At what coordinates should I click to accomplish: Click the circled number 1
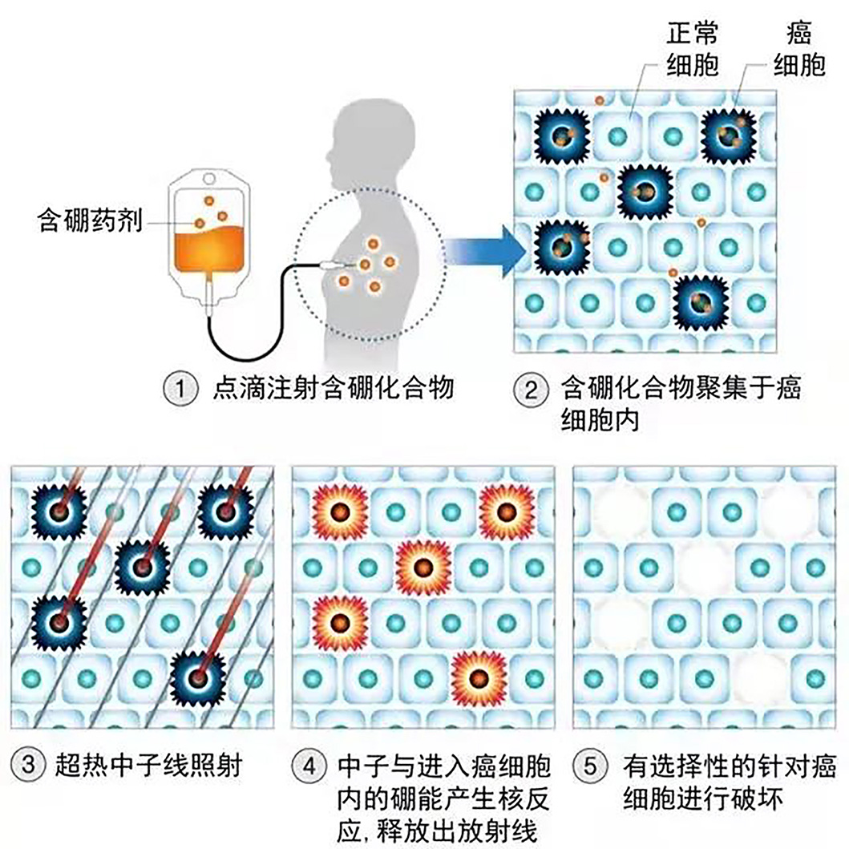(180, 389)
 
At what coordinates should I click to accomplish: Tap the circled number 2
(531, 389)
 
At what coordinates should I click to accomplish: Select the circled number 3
(28, 765)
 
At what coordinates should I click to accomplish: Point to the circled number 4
(309, 765)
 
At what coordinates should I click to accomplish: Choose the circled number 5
(590, 765)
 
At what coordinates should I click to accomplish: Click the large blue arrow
(484, 252)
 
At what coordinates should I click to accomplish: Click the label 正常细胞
(693, 49)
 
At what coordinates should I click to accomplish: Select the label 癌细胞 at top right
(799, 49)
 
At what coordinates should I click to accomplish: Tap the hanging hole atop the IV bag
(208, 178)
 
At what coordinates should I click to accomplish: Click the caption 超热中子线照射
(148, 765)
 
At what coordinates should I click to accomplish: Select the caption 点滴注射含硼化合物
(333, 389)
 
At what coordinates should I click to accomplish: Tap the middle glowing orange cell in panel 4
(423, 568)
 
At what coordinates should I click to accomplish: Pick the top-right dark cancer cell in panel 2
(728, 135)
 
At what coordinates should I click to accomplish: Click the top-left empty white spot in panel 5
(621, 511)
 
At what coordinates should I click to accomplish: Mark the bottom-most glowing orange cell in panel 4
(479, 678)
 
